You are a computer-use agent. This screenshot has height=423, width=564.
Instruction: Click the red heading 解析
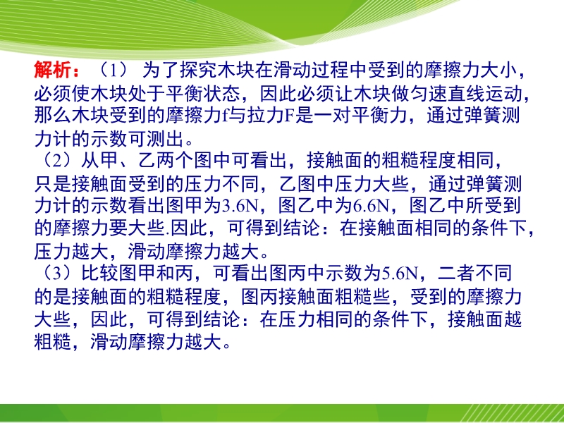coord(52,70)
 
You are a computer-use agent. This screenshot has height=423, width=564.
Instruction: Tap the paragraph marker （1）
coord(114,70)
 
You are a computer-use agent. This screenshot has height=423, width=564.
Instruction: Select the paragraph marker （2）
coord(58,161)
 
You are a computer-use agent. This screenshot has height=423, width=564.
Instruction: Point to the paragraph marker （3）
coord(58,274)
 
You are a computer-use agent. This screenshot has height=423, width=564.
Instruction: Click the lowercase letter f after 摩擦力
coord(225,116)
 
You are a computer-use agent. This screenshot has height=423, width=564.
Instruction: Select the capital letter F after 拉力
coord(290,116)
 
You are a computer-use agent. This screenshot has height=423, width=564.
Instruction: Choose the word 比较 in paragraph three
coord(100,274)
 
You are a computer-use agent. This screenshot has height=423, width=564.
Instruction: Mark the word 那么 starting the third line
coord(53,116)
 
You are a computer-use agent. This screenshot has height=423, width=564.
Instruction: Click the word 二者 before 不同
coord(456,274)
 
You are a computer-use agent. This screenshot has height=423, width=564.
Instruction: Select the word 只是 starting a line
coord(53,183)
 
